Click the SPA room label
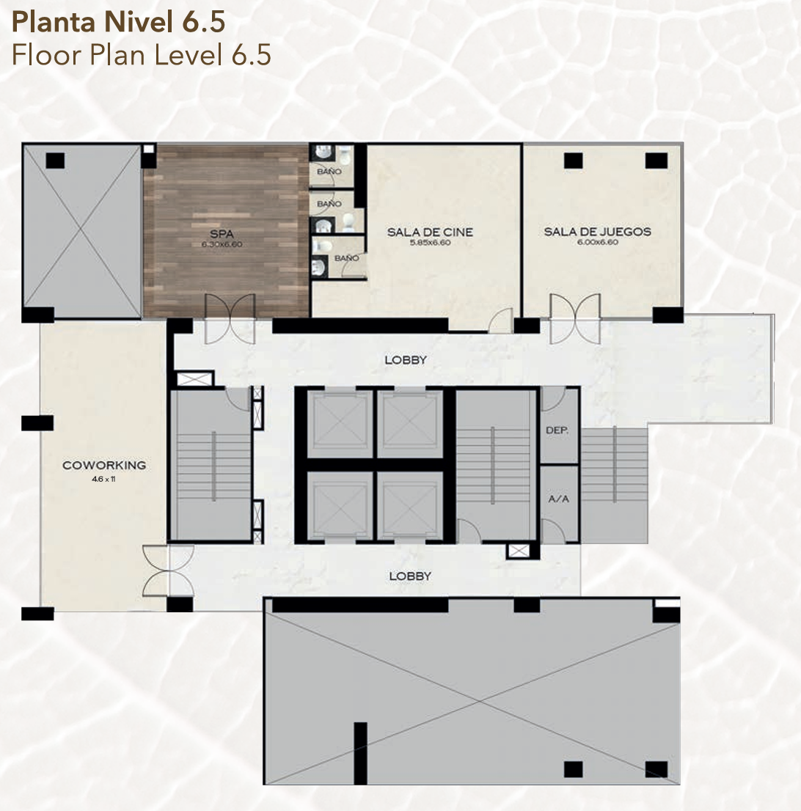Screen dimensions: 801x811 coord(222,235)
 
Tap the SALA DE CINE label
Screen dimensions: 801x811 coord(430,232)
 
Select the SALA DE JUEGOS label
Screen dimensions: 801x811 coord(598,232)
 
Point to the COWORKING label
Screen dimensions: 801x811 coord(104,465)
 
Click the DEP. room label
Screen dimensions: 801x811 coord(557,430)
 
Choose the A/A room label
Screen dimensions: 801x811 coord(558,499)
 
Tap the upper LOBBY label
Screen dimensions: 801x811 coord(406,359)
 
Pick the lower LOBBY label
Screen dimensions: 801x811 coord(410,576)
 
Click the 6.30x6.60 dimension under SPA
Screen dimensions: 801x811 coord(222,244)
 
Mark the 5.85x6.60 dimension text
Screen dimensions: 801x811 coord(430,242)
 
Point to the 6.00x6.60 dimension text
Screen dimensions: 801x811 coord(598,241)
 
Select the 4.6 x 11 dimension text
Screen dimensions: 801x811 coord(103,479)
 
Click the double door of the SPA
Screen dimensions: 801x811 coord(230,318)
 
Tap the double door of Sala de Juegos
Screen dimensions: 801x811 coord(575,318)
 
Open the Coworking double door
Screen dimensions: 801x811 coord(168,570)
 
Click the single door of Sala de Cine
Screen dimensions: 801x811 coord(500,320)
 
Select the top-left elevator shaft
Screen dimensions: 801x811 coord(340,424)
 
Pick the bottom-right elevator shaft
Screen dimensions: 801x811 coord(409,505)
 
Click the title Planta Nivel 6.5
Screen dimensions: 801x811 coord(119,23)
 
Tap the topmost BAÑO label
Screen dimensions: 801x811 coord(329,171)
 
